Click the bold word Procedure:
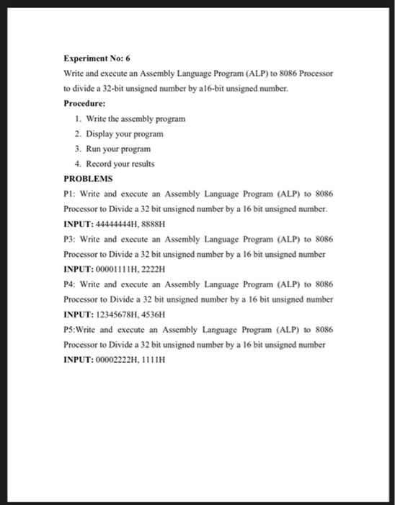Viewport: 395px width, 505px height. (85, 102)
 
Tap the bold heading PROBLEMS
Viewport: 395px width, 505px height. (87, 177)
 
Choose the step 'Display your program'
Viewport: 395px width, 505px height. (125, 133)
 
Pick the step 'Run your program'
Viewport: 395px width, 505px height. (119, 148)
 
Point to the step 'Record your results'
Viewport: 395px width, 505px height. (120, 163)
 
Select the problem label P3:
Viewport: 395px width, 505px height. (71, 239)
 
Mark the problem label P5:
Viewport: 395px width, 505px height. (71, 330)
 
